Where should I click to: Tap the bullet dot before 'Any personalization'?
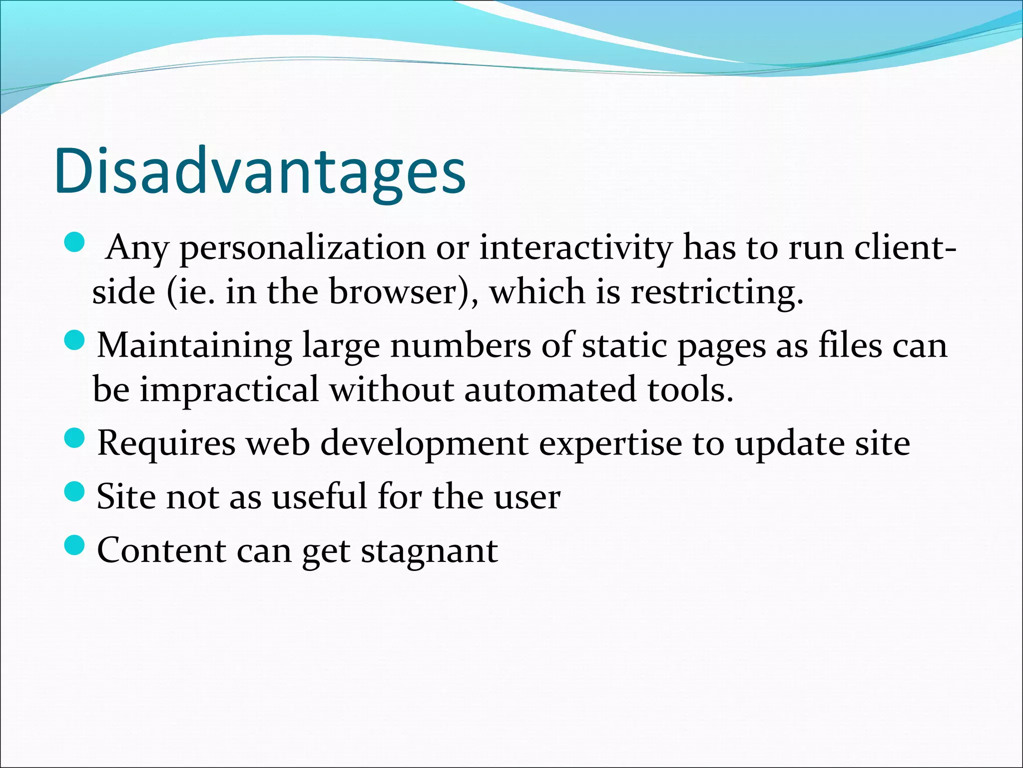tap(75, 242)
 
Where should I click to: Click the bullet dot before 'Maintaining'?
tap(75, 341)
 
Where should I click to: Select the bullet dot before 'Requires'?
tap(75, 438)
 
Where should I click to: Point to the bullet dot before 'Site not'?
tap(75, 492)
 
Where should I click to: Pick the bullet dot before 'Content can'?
tap(75, 545)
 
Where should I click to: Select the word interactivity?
tap(575, 247)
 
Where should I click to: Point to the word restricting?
tap(716, 292)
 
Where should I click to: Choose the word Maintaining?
tap(195, 346)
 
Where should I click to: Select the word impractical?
tap(229, 390)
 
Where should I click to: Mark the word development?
tap(424, 444)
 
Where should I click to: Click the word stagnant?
tap(429, 551)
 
